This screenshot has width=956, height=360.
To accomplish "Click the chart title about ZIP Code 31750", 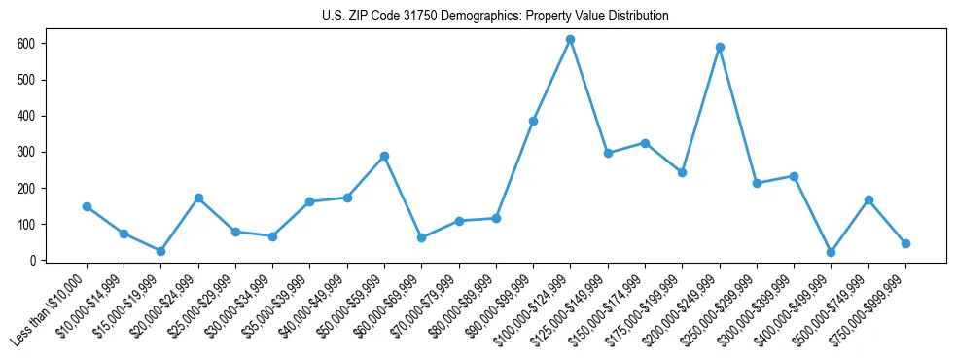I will pyautogui.click(x=495, y=17).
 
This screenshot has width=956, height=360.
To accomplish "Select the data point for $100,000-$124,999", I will pyautogui.click(x=571, y=40).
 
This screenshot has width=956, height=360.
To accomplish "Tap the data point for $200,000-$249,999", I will pyautogui.click(x=720, y=47).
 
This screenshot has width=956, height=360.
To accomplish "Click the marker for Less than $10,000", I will pyautogui.click(x=87, y=206).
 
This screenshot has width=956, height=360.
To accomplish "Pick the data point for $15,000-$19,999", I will pyautogui.click(x=161, y=251).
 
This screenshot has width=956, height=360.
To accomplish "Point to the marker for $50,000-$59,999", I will pyautogui.click(x=384, y=156).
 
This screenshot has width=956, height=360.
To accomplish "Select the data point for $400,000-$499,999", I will pyautogui.click(x=831, y=252).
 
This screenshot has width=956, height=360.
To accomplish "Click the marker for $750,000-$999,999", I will pyautogui.click(x=905, y=243).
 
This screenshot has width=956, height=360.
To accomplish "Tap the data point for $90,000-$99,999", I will pyautogui.click(x=533, y=121).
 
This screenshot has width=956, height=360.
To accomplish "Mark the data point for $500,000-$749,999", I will pyautogui.click(x=868, y=199).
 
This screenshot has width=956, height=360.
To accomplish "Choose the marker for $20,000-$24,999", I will pyautogui.click(x=198, y=198).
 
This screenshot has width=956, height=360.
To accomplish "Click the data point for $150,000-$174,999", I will pyautogui.click(x=645, y=143).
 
